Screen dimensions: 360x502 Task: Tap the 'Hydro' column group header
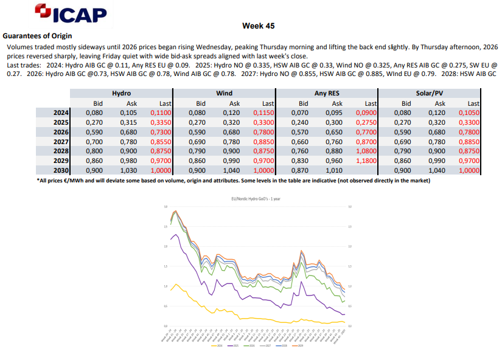click(x=122, y=94)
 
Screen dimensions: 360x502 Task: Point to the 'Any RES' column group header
click(x=327, y=94)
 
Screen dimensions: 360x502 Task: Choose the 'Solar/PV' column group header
click(x=430, y=94)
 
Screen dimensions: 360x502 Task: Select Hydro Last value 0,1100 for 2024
click(x=161, y=112)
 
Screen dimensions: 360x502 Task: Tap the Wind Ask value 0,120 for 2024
click(x=233, y=112)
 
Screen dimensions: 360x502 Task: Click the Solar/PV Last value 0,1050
click(x=469, y=112)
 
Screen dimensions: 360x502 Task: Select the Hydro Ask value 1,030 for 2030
click(x=130, y=171)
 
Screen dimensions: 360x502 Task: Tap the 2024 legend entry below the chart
click(x=220, y=345)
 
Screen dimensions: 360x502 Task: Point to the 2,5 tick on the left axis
click(x=166, y=227)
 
